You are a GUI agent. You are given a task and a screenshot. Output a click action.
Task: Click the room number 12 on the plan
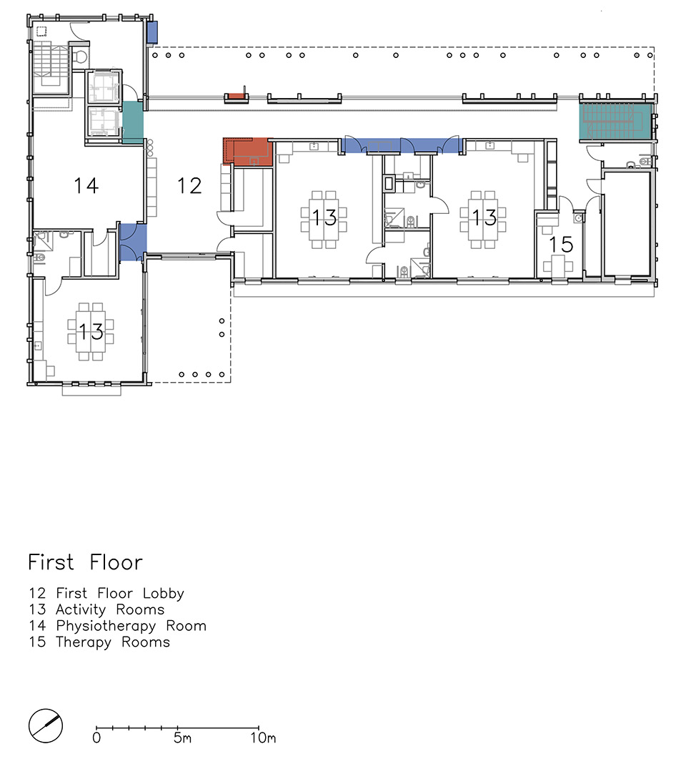tap(189, 186)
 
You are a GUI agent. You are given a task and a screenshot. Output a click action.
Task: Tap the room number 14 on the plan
tap(86, 186)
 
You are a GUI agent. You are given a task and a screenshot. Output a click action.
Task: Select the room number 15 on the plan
tap(561, 244)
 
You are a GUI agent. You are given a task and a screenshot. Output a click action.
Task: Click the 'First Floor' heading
tap(85, 562)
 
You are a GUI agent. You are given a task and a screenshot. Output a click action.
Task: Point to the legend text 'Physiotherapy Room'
tap(131, 626)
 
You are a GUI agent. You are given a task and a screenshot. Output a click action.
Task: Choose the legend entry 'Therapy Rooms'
tap(113, 642)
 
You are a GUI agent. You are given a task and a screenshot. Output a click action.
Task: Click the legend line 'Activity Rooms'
tap(110, 609)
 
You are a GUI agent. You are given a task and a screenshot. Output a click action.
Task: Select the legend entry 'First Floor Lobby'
tap(120, 594)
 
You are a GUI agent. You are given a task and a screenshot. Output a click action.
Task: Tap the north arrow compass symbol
tap(46, 726)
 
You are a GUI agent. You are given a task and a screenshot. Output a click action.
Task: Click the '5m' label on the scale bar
tap(182, 738)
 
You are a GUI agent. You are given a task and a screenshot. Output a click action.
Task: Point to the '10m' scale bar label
tap(263, 738)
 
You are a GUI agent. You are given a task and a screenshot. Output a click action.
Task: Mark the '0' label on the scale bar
tap(96, 738)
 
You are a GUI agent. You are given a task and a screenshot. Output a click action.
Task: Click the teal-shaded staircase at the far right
tap(615, 121)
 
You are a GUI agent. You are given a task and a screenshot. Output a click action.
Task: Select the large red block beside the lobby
tap(248, 152)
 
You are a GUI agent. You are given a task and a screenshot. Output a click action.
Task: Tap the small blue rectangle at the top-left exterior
tap(152, 31)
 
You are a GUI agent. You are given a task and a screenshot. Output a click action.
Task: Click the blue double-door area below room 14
tap(133, 243)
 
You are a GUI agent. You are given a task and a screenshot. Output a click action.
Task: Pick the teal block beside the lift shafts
tap(132, 122)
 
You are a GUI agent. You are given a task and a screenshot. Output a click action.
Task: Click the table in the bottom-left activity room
tap(91, 331)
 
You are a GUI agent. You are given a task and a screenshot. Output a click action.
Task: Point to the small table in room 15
tap(555, 266)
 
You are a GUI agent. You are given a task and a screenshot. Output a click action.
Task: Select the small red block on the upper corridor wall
tap(237, 97)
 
